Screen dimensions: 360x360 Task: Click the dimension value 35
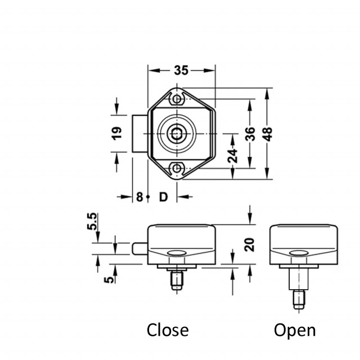(181, 70)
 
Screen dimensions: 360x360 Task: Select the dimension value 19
(117, 133)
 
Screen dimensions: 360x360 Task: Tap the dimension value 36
(250, 133)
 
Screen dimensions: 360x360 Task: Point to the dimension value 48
(268, 133)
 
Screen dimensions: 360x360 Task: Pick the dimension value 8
(139, 197)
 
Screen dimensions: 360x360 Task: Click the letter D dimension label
(163, 197)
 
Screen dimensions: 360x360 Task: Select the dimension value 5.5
(92, 222)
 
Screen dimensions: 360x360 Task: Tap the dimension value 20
(250, 244)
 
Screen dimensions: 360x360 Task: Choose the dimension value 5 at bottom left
(110, 276)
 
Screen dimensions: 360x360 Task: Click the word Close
(168, 330)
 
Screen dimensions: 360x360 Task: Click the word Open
(295, 330)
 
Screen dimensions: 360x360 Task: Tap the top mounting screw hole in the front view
(178, 100)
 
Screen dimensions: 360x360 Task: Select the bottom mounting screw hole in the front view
(178, 168)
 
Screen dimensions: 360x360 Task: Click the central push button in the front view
(177, 134)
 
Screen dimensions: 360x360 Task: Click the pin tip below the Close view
(177, 285)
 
